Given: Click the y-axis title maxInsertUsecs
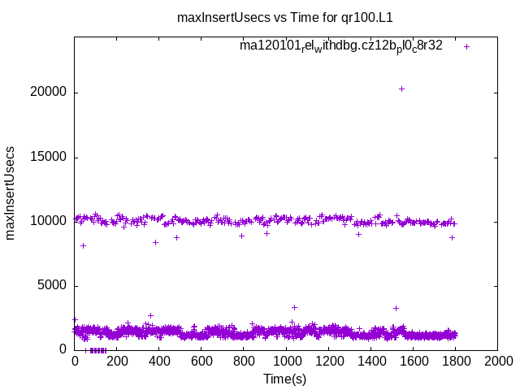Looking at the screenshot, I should coord(11,193).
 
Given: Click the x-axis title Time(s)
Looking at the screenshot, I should coord(285,379).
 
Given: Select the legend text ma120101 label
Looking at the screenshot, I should coord(340,45).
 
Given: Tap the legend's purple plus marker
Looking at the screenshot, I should coord(466,46).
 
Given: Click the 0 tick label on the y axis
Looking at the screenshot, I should coord(63,349).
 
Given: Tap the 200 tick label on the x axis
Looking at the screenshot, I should coord(117,362).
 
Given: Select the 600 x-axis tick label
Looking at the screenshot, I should coord(201,362).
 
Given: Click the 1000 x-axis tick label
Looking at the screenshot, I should coord(286,362).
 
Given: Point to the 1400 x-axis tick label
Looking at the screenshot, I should coord(370,362).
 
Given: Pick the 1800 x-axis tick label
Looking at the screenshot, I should coord(455,362).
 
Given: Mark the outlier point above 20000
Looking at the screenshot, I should coord(401,89).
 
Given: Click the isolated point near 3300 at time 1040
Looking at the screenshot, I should coord(294,307).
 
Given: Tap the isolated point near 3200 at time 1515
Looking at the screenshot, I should coord(396,308).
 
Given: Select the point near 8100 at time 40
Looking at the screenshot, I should coord(83,245).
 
